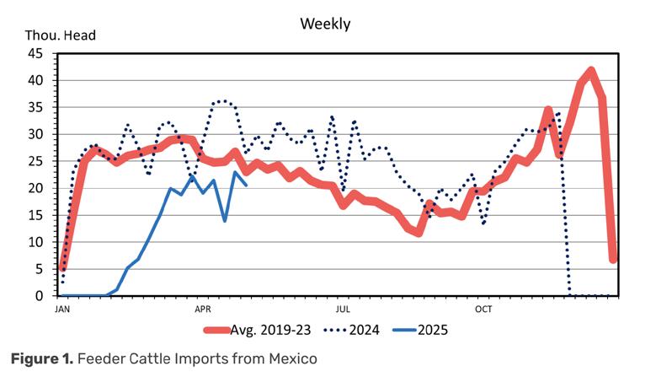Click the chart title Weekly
325,24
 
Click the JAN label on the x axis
61,309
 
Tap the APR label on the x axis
203,309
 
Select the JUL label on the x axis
343,309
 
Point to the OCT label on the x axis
483,309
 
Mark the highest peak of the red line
591,71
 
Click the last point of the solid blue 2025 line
246,186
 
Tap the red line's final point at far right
614,258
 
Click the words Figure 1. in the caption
40,359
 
